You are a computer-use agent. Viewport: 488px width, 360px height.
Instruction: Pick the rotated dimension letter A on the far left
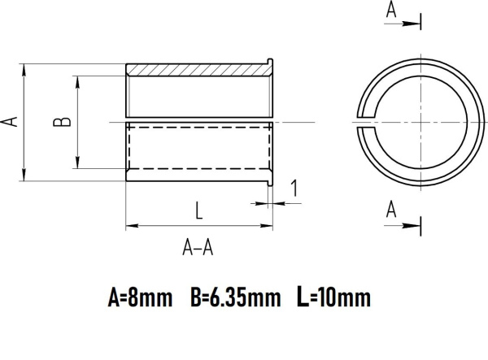(x=11, y=121)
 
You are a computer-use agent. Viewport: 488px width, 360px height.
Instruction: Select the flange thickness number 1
(x=294, y=189)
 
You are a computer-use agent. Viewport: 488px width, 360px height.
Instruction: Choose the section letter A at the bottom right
(x=391, y=210)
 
